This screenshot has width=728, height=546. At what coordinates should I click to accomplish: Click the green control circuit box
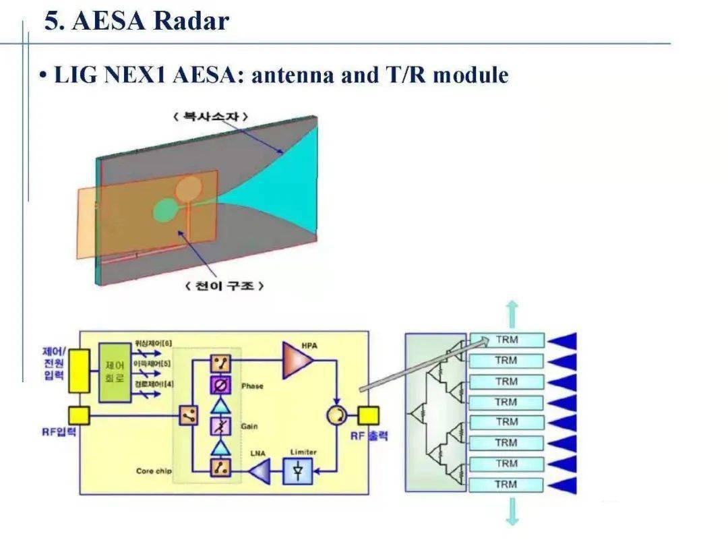[x=115, y=373]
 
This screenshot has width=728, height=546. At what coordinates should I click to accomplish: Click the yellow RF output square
[x=368, y=416]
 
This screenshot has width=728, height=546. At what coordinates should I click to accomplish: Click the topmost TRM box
[x=506, y=340]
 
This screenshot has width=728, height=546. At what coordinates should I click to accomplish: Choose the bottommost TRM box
[x=506, y=485]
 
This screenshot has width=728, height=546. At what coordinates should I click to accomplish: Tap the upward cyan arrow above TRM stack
[x=512, y=314]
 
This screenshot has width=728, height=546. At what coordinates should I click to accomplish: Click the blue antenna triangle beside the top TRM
[x=563, y=340]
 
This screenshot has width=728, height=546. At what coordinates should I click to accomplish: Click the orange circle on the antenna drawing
[x=189, y=189]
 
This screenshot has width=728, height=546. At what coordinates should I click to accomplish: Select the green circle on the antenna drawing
[x=163, y=210]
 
